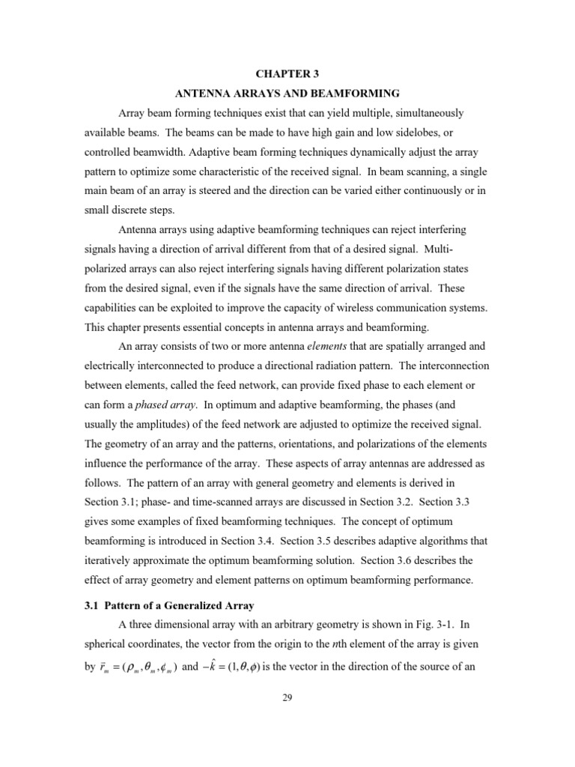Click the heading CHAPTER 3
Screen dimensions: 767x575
[x=287, y=74]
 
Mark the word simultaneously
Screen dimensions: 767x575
[x=420, y=113]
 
